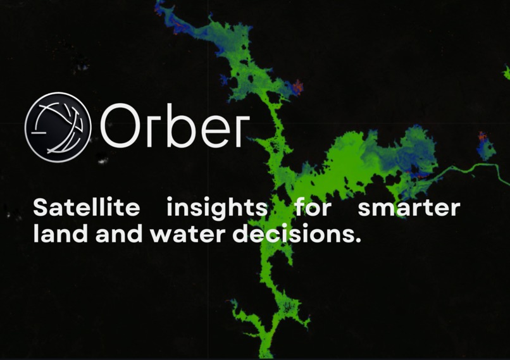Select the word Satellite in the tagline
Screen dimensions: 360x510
[85, 207]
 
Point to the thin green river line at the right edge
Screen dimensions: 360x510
[481, 168]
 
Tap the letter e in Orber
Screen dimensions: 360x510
[208, 129]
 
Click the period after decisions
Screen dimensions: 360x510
[358, 241]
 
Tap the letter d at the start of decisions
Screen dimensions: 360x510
[241, 234]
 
